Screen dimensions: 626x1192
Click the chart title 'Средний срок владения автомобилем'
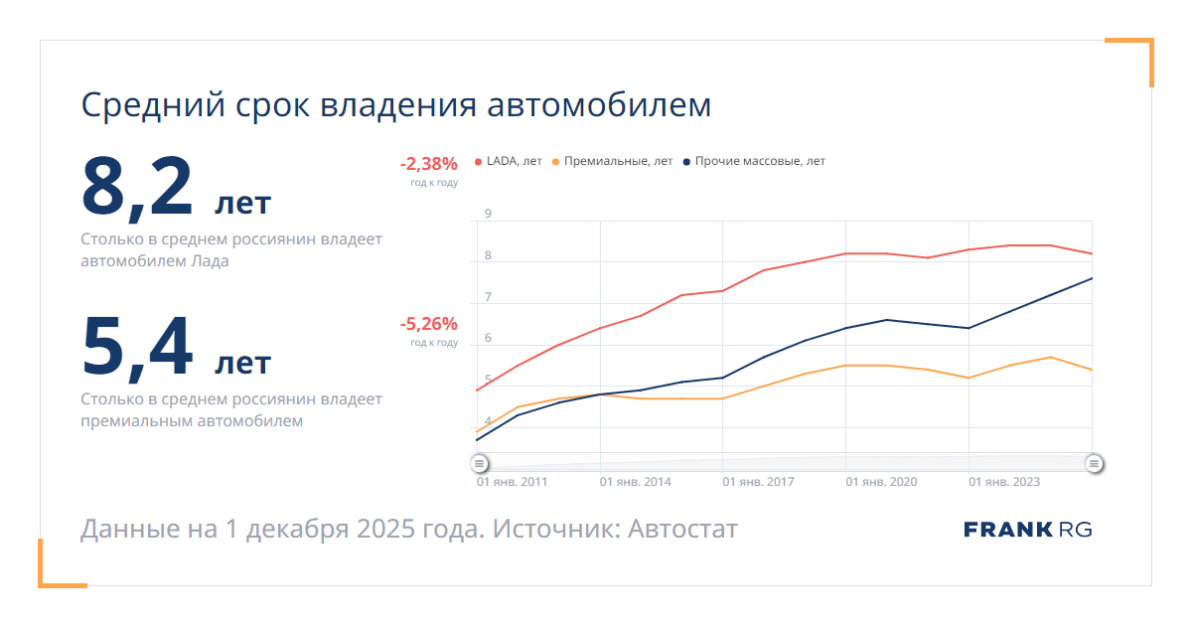pos(395,104)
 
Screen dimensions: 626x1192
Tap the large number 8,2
pos(138,187)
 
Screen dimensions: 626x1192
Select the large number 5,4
pos(138,348)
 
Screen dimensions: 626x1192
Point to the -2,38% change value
pos(428,164)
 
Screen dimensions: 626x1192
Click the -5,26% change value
pos(428,324)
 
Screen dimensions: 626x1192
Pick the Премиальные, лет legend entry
pos(612,161)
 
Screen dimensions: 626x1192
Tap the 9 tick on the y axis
pos(488,214)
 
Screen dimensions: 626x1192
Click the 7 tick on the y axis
pos(488,297)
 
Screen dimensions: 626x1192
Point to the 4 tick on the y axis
pos(488,421)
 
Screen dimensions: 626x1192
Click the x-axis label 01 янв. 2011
pos(513,482)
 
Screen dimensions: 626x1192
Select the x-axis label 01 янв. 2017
pos(758,482)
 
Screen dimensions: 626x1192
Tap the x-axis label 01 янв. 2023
pos(1004,482)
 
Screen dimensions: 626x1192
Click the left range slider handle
pos(479,463)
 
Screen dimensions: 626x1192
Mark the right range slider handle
pos(1094,463)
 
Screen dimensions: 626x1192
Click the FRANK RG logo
pos(1027,530)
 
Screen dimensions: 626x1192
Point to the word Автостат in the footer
pos(682,529)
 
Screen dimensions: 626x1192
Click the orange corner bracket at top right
pos(1142,50)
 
